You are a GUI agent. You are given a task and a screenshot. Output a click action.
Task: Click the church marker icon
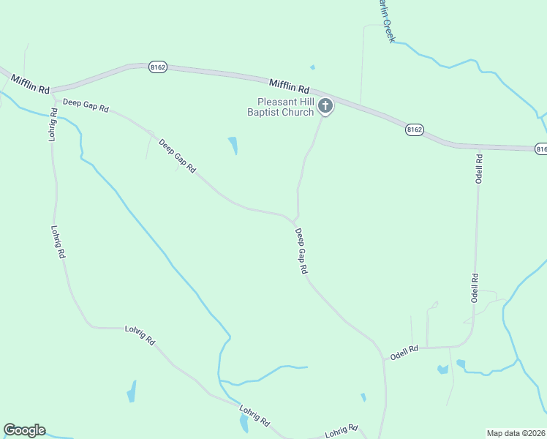[x=325, y=107]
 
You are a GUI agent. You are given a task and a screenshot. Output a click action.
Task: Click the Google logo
[x=24, y=430]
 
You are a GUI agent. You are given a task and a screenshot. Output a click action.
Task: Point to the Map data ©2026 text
[x=516, y=432]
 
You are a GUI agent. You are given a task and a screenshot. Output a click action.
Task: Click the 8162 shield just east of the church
[x=415, y=130]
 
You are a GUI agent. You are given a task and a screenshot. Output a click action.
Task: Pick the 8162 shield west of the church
[x=158, y=67]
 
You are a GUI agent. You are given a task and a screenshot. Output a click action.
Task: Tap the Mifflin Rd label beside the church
[x=289, y=86]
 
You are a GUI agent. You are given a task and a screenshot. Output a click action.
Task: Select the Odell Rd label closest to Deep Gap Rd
[x=404, y=352]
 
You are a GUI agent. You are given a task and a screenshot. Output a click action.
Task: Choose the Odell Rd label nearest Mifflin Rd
[x=480, y=168]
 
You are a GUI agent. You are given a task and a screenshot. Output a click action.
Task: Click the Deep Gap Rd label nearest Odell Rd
[x=301, y=251]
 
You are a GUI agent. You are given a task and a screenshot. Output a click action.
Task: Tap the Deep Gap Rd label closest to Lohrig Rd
[x=86, y=105]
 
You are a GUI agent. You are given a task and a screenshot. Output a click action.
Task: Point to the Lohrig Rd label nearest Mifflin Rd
[x=53, y=125]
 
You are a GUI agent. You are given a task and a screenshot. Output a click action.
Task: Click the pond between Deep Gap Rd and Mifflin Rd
[x=233, y=145]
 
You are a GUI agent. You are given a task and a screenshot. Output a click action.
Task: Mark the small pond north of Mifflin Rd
[x=312, y=67]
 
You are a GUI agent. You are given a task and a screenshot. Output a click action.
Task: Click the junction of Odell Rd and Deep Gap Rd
[x=383, y=359]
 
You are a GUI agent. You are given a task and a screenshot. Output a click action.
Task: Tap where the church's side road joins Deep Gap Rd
[x=295, y=219]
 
